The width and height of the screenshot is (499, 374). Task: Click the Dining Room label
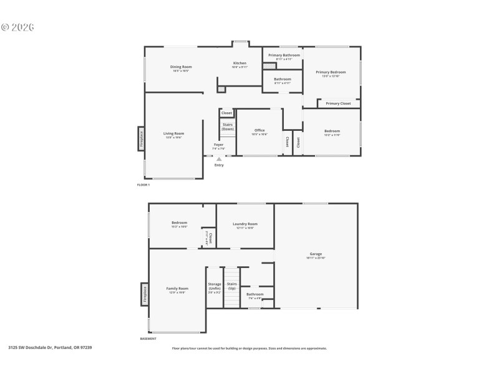click(181, 67)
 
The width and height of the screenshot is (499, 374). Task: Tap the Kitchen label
click(240, 63)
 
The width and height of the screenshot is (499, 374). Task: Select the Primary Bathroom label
click(284, 55)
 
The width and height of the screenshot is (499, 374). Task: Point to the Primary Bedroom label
click(331, 72)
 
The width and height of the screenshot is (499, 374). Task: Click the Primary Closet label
click(338, 103)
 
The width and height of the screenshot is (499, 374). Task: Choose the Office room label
click(259, 130)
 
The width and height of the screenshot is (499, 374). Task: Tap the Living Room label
click(174, 133)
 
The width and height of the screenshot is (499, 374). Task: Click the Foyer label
click(218, 145)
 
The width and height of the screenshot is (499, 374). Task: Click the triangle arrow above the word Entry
click(219, 159)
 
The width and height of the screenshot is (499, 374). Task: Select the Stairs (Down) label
click(228, 127)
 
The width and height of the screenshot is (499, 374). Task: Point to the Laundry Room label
click(245, 224)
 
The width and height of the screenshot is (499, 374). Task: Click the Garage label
click(316, 254)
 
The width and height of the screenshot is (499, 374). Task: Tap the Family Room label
click(177, 289)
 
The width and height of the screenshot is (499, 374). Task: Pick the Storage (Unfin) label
click(215, 286)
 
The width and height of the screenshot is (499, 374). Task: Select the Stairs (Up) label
click(231, 285)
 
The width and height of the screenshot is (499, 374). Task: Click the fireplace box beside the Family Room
click(145, 294)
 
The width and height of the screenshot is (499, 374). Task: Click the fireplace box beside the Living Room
click(142, 138)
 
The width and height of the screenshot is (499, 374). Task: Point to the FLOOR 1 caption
click(143, 185)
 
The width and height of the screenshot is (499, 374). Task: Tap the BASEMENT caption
click(148, 338)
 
